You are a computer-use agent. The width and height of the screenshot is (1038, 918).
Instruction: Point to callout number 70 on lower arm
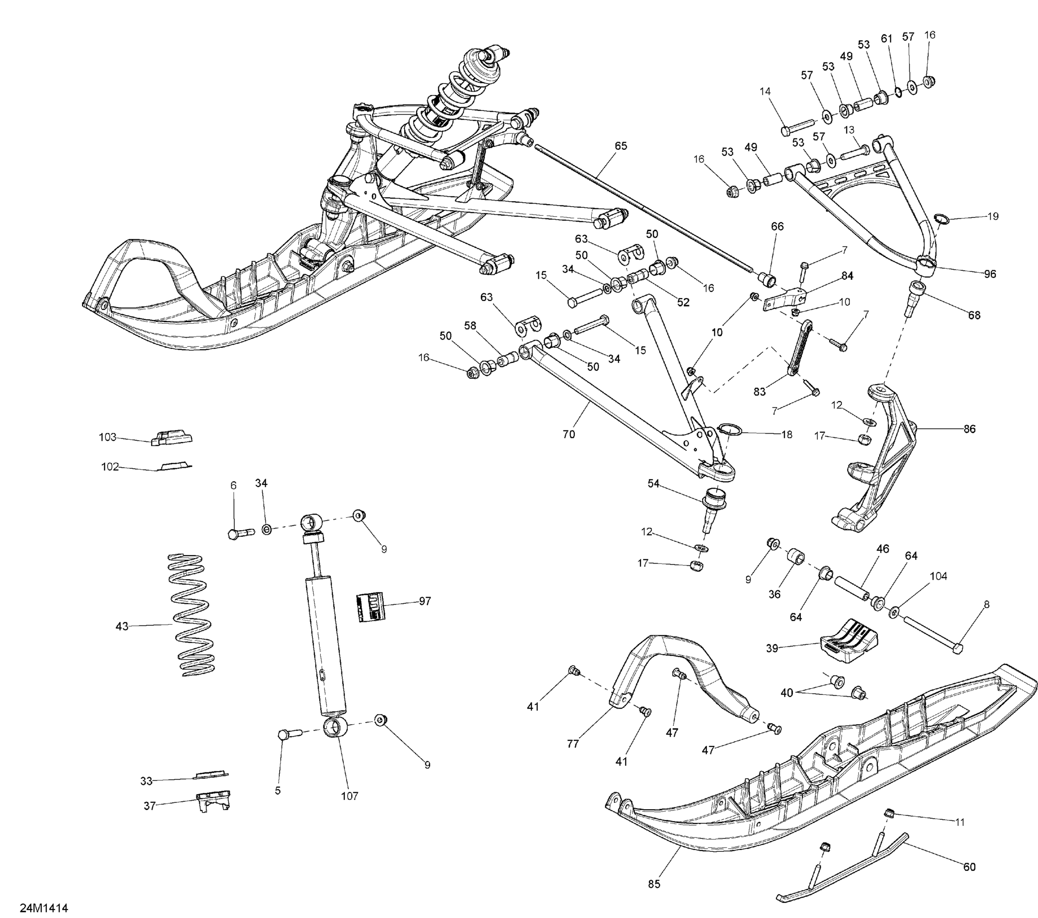coord(569,434)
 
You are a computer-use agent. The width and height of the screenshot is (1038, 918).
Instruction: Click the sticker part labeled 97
coord(370,606)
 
